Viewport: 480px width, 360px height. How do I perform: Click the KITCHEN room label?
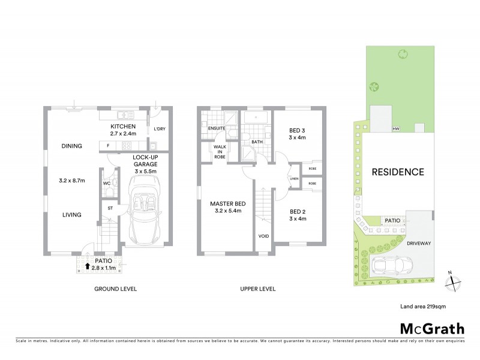[x=123, y=127]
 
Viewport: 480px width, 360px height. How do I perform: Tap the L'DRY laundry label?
[x=160, y=129]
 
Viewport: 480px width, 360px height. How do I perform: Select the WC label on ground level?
[x=106, y=183]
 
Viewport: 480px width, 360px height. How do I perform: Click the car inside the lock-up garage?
[x=145, y=210]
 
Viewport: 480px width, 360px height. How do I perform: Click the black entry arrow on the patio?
[x=88, y=265]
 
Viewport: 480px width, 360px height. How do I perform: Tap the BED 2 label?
[x=298, y=211]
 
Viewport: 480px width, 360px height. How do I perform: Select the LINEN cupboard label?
[x=293, y=178]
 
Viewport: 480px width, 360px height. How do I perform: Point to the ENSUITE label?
[x=216, y=128]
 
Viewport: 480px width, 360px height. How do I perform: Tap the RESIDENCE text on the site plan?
[x=398, y=172]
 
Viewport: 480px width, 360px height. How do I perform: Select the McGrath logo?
[x=431, y=328]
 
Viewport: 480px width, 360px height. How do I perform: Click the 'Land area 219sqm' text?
[x=423, y=306]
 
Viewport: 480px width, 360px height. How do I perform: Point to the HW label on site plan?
[x=395, y=129]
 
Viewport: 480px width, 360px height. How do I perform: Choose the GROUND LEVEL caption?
[x=116, y=289]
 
